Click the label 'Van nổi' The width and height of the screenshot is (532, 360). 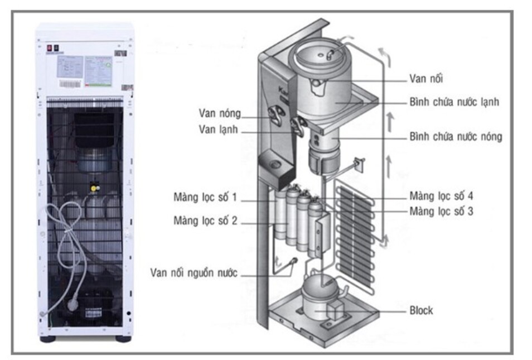[x=427, y=79]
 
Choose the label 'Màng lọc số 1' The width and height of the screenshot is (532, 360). [x=205, y=198]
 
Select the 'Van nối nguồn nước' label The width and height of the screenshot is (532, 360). [x=194, y=273]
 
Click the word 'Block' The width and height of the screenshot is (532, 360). [x=421, y=310]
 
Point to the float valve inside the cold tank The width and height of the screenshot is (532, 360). [x=330, y=52]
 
